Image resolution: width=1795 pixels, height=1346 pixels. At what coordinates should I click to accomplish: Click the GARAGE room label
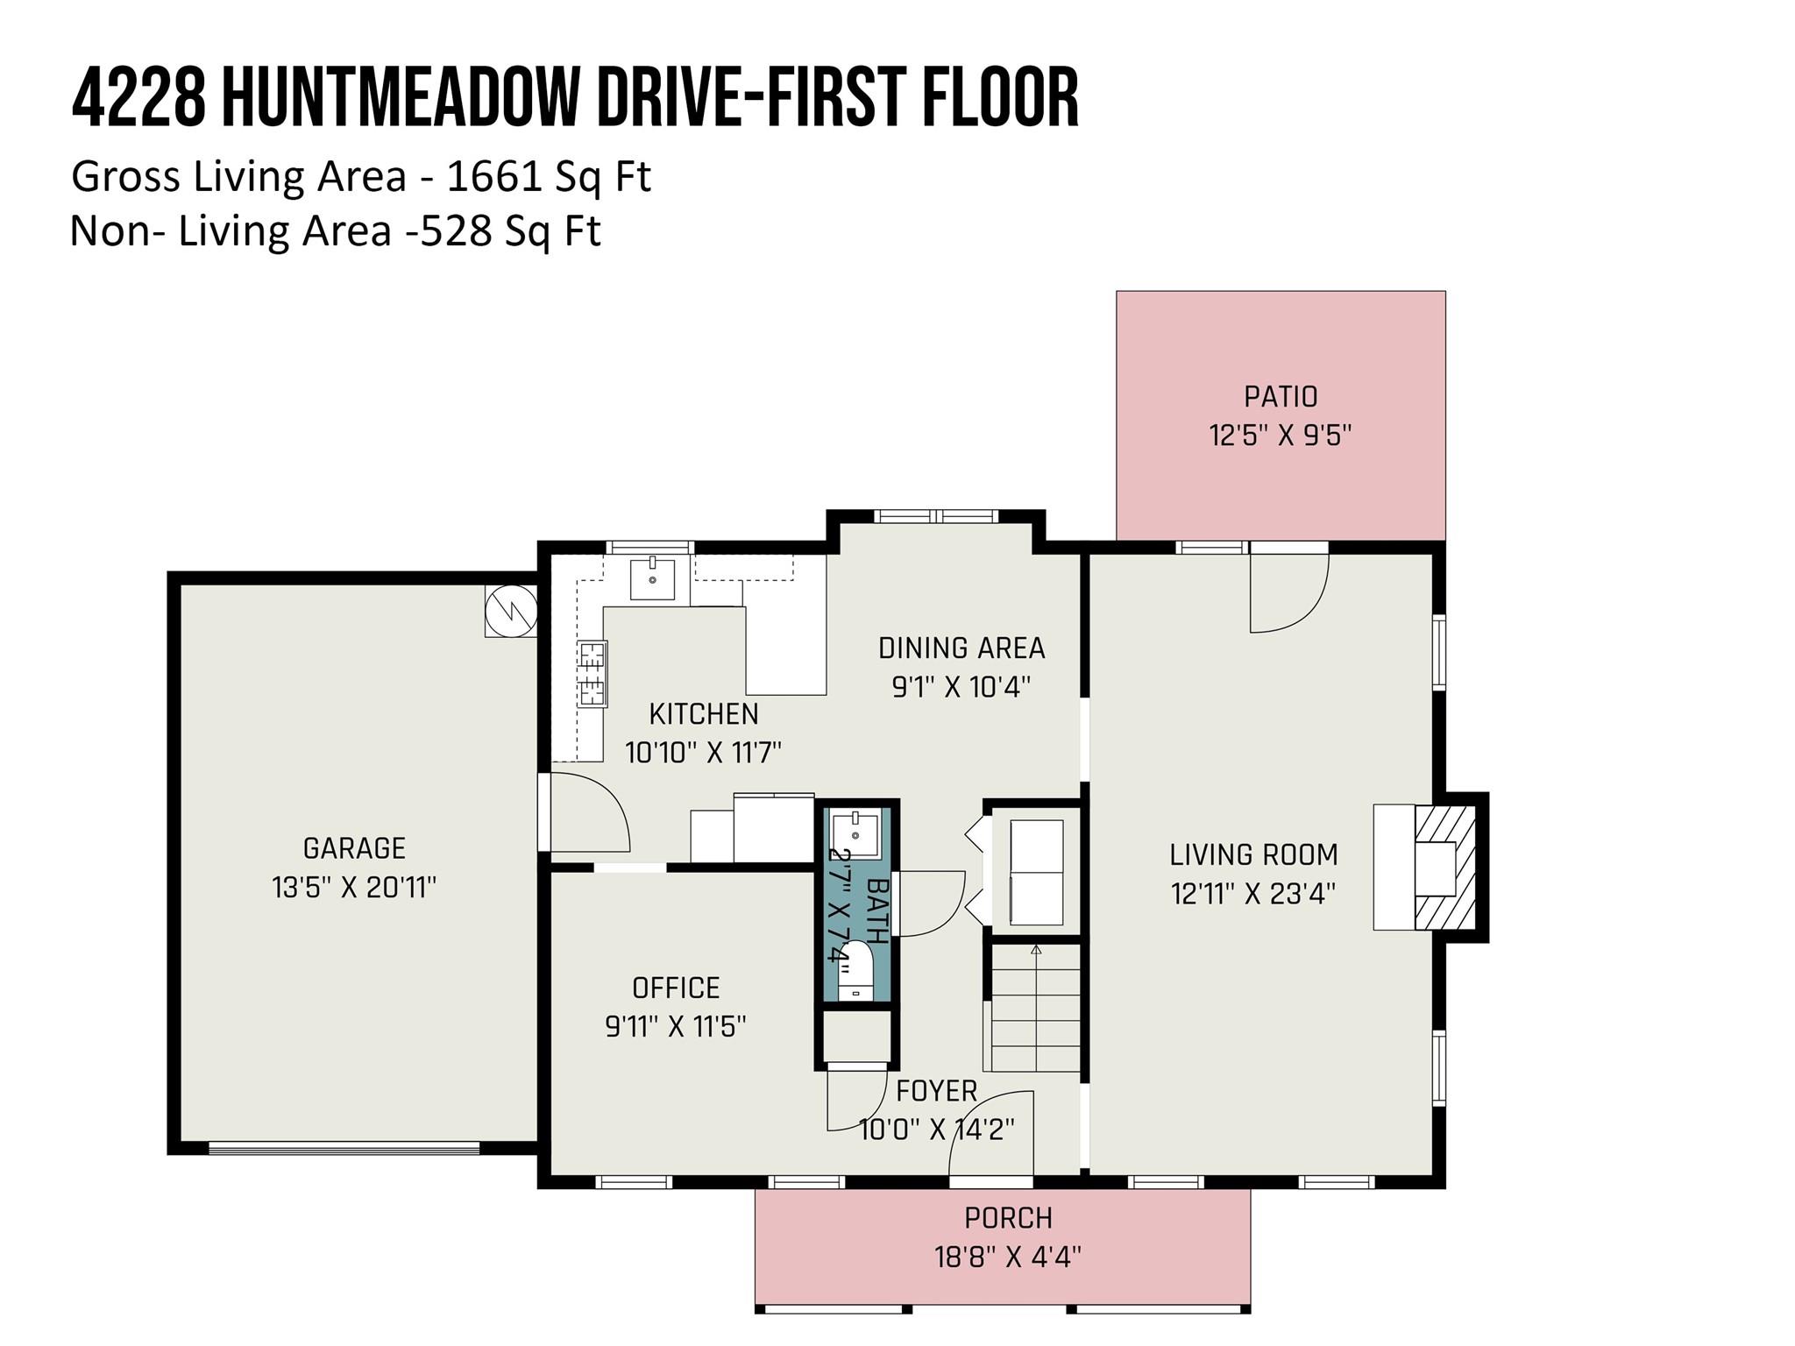tap(354, 848)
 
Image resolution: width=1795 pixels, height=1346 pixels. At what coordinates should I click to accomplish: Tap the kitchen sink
tap(653, 578)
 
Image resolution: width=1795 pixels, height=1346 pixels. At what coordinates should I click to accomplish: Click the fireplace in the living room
tap(1429, 867)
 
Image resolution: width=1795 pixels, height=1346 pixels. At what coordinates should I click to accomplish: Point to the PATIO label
tap(1281, 397)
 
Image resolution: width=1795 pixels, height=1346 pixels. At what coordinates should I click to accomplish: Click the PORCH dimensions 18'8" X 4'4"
tap(1008, 1257)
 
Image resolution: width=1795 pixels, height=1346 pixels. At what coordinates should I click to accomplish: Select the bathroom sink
tap(855, 834)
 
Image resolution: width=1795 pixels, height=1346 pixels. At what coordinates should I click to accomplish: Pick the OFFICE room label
tap(676, 988)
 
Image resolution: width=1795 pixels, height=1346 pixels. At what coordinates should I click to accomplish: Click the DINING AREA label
tap(961, 648)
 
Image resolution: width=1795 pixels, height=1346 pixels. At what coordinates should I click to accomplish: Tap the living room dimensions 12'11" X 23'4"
tap(1253, 894)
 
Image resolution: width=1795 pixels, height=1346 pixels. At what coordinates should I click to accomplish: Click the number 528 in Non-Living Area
tap(455, 232)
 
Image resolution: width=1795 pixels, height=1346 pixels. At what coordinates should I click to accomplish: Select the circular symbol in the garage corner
tap(512, 610)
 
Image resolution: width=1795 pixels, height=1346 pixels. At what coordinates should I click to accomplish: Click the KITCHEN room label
tap(704, 714)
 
